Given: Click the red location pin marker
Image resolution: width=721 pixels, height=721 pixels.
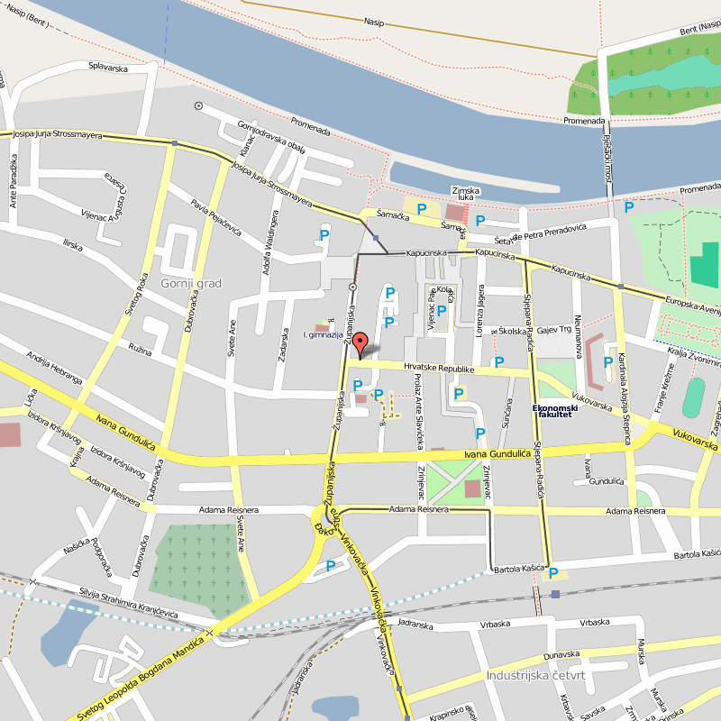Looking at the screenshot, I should [x=360, y=345].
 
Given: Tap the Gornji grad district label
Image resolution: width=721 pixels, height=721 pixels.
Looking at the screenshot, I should [x=190, y=283].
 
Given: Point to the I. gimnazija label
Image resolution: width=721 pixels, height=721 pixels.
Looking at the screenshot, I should [x=324, y=334].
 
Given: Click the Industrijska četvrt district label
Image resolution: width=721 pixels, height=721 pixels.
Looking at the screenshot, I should [x=535, y=675].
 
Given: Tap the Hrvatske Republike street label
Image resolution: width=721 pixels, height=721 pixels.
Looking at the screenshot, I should [x=439, y=368].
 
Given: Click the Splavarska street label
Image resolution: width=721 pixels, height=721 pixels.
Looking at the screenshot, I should [x=107, y=68].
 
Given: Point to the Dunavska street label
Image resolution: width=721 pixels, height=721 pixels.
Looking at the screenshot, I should [x=561, y=654].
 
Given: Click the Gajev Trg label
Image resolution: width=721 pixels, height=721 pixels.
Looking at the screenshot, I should [x=554, y=330].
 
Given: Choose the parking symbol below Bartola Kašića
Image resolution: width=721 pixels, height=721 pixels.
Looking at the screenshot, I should [x=553, y=573].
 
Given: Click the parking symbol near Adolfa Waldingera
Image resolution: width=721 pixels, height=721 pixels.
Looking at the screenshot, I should [x=324, y=235].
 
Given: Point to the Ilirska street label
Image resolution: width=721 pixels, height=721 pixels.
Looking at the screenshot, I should [x=72, y=244].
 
